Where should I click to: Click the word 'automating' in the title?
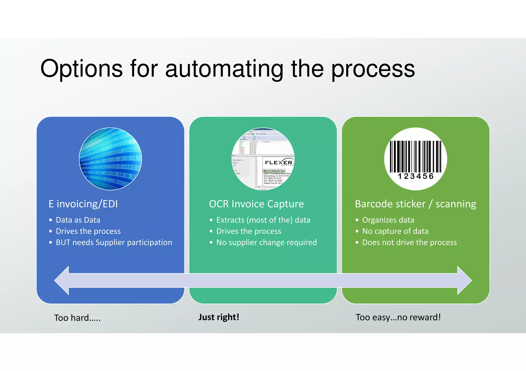pyautogui.click(x=224, y=69)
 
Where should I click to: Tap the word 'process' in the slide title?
pyautogui.click(x=373, y=69)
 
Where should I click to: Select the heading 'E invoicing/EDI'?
pyautogui.click(x=83, y=204)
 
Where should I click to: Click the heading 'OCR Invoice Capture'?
pyautogui.click(x=256, y=204)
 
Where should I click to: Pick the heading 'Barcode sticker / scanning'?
pyautogui.click(x=415, y=204)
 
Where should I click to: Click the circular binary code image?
pyautogui.click(x=110, y=159)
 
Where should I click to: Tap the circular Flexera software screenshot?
pyautogui.click(x=263, y=159)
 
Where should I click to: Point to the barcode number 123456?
pyautogui.click(x=416, y=176)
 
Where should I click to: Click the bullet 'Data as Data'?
pyautogui.click(x=78, y=220)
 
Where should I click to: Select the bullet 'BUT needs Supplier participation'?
pyautogui.click(x=114, y=243)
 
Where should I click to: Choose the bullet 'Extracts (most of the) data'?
pyautogui.click(x=263, y=220)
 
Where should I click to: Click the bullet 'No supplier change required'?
pyautogui.click(x=266, y=243)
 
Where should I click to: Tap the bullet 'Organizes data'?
pyautogui.click(x=388, y=220)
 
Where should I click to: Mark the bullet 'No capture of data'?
pyautogui.click(x=395, y=231)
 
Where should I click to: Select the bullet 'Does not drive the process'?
pyautogui.click(x=409, y=243)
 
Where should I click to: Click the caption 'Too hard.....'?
pyautogui.click(x=77, y=318)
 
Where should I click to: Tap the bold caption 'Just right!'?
pyautogui.click(x=219, y=317)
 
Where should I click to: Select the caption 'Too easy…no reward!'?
pyautogui.click(x=398, y=317)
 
